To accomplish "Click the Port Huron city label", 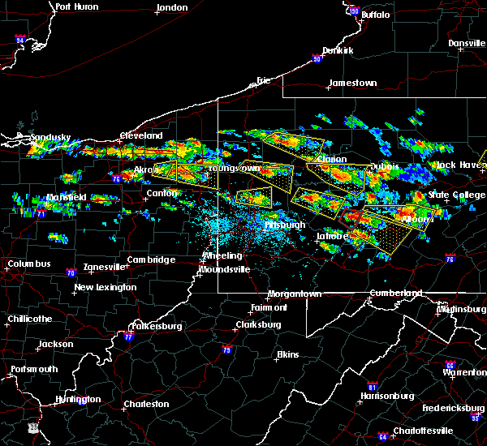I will coord(76,7).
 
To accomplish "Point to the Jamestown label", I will coord(352,84).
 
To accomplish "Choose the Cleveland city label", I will coord(141,135).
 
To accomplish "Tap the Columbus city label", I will coord(28,264).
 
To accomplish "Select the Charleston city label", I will coord(146,404).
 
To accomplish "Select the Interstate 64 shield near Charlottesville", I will coord(382,435).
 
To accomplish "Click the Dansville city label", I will coord(465,43).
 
